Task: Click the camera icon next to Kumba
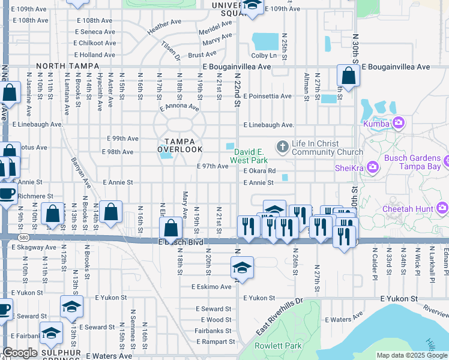point(399,124)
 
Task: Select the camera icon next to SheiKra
point(372,166)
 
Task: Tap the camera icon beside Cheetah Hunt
point(443,208)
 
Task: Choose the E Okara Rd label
point(259,171)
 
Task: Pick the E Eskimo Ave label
point(211,287)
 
